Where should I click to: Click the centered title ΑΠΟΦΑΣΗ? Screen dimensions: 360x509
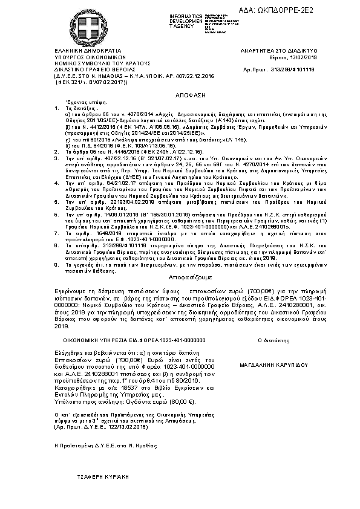(180, 96)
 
